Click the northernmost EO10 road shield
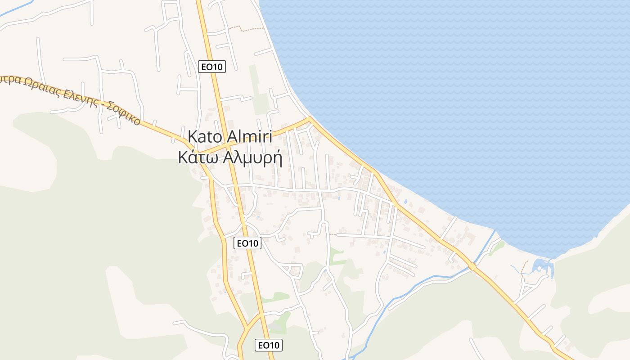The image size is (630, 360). (211, 67)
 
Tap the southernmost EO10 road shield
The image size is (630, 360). (269, 345)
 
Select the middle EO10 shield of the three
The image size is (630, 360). (248, 243)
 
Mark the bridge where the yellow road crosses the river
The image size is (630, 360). (472, 266)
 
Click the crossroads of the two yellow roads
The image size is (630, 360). (228, 146)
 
